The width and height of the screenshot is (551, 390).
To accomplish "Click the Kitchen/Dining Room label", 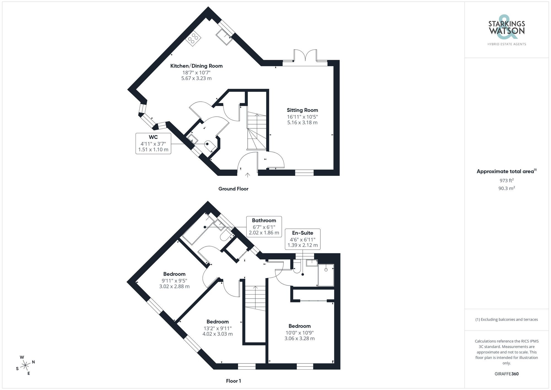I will click(x=196, y=66).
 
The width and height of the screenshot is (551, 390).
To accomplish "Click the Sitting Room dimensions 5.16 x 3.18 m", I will click(x=302, y=123).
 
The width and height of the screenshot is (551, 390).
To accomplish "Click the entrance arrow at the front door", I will click(x=247, y=175).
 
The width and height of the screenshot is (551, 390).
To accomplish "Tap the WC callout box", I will click(x=153, y=143).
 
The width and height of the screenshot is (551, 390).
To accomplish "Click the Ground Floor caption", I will click(x=233, y=189).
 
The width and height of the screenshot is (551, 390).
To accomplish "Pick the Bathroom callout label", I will click(x=264, y=220).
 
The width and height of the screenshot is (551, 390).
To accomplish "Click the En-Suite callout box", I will click(x=302, y=239).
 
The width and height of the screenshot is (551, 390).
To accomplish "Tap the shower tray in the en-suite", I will click(x=326, y=275).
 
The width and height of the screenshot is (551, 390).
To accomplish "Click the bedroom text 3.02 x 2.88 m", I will click(x=174, y=286).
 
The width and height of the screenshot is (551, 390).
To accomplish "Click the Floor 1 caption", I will click(x=233, y=381).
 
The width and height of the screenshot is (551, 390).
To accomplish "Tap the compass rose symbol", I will click(x=25, y=365).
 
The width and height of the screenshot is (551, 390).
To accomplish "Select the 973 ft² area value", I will click(x=506, y=181).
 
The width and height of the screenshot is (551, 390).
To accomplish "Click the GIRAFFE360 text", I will click(x=506, y=374).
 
